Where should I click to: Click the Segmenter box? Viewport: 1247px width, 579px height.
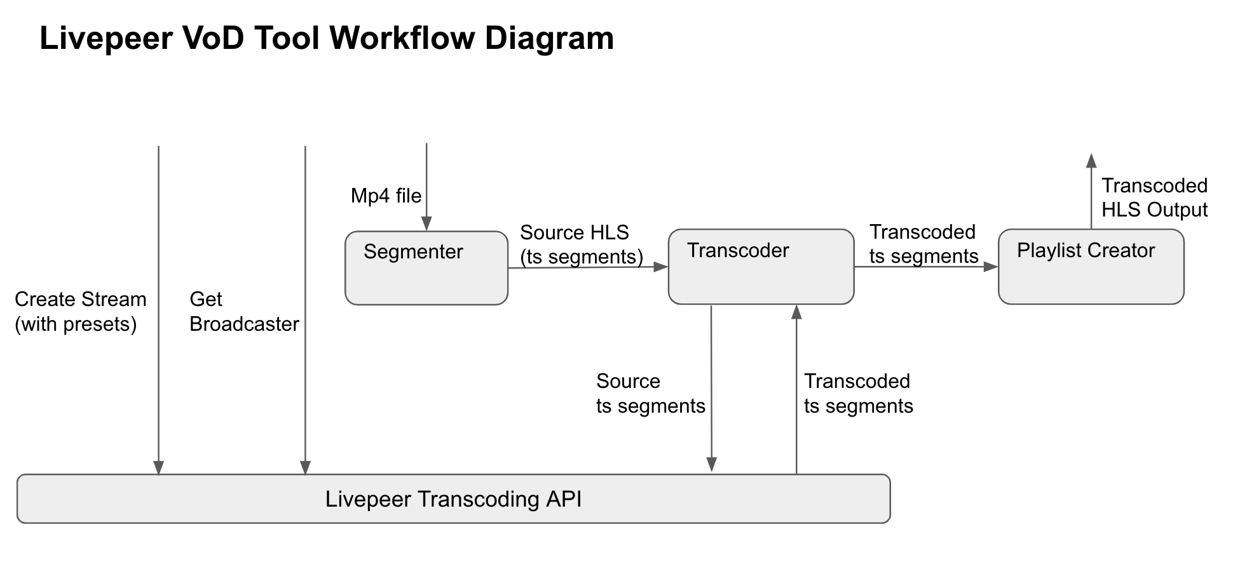click(426, 268)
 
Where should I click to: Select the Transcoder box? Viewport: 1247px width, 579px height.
click(761, 267)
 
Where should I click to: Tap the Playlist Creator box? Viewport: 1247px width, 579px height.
click(1091, 267)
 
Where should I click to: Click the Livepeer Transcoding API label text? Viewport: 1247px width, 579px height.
click(453, 499)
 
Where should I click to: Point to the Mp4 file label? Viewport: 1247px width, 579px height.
click(386, 196)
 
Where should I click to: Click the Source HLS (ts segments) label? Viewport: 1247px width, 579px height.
click(581, 244)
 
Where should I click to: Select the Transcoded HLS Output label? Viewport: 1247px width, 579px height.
click(1154, 197)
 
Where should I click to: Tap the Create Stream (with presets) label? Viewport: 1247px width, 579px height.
click(80, 312)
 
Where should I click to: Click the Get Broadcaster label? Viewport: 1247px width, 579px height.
click(243, 312)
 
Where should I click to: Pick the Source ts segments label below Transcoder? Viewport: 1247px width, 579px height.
click(650, 394)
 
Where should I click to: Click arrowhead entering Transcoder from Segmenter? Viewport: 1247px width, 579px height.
click(661, 267)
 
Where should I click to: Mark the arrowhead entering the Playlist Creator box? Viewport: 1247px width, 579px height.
click(991, 267)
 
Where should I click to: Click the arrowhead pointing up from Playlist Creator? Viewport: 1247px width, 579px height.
click(1091, 160)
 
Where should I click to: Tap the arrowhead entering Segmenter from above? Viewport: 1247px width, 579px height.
click(426, 223)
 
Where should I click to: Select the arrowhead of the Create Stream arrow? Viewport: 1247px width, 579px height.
click(159, 467)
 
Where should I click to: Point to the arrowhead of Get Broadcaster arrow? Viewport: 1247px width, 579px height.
click(305, 467)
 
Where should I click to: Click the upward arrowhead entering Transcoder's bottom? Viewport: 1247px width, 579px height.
click(796, 312)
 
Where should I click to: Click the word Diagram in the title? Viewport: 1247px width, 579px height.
click(549, 38)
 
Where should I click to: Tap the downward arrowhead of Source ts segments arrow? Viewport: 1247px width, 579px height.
click(712, 465)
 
